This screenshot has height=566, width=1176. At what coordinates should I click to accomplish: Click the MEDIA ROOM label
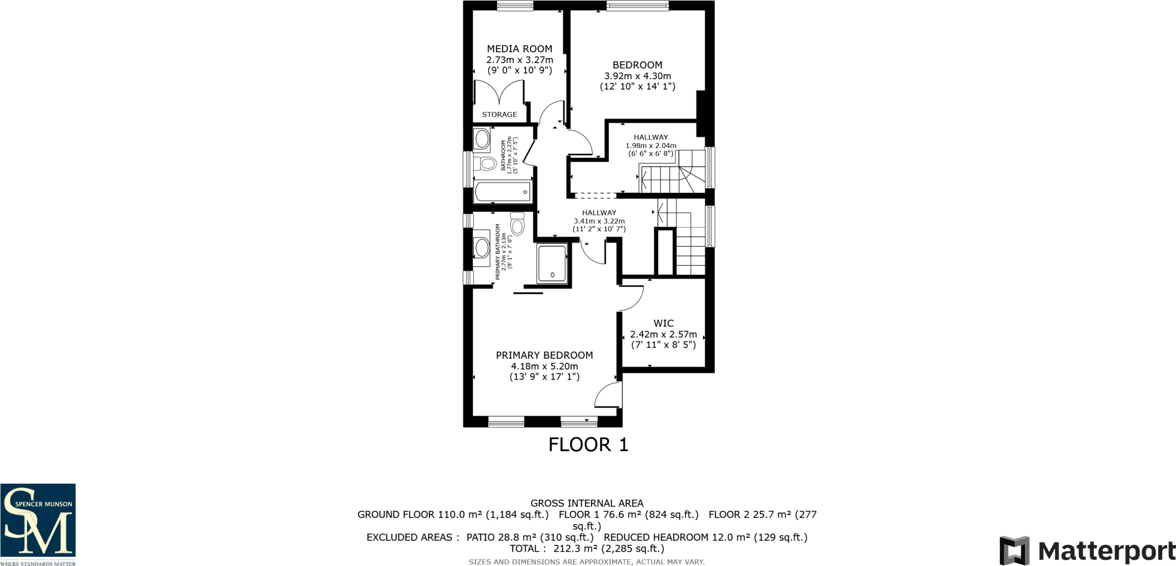(x=520, y=49)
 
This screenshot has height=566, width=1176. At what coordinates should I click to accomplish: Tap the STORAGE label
(x=499, y=114)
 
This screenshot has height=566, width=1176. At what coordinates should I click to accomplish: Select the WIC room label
(x=663, y=323)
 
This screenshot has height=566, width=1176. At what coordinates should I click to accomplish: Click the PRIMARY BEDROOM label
(x=544, y=355)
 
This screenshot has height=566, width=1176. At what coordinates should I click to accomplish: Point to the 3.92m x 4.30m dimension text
(x=637, y=76)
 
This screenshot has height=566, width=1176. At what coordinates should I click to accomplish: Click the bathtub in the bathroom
(x=502, y=192)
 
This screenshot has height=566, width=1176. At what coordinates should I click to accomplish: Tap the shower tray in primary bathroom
(x=552, y=263)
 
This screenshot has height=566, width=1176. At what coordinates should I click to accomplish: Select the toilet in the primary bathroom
(x=517, y=224)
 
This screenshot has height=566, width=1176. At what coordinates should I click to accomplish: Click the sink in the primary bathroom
(x=481, y=248)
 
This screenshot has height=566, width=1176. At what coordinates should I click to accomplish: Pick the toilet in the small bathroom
(x=486, y=164)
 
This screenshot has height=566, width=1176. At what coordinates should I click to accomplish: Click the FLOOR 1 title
(x=588, y=444)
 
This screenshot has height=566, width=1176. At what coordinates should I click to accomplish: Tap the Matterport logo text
(x=1106, y=552)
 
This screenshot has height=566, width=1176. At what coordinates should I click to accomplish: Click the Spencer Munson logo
(x=38, y=524)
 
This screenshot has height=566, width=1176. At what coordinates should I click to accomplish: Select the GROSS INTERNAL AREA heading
(x=587, y=503)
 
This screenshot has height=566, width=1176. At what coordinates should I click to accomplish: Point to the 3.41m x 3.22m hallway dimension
(x=599, y=221)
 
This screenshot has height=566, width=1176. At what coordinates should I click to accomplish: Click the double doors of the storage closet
(x=498, y=93)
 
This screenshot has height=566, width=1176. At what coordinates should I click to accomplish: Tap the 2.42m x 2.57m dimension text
(x=663, y=334)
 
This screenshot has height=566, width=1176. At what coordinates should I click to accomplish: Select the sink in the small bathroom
(x=482, y=139)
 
